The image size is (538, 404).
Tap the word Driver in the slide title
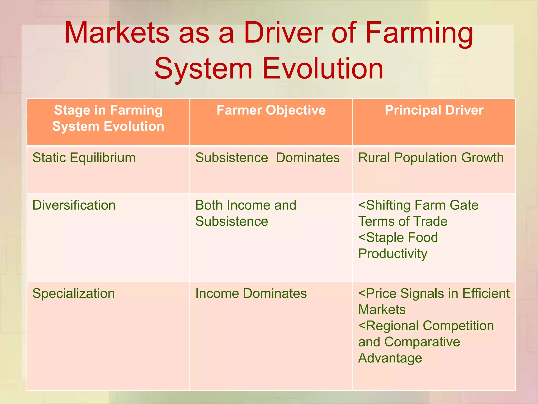(x=283, y=33)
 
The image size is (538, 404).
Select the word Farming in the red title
(x=419, y=33)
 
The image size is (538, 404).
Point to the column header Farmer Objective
(x=271, y=110)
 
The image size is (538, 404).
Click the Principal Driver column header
(x=434, y=110)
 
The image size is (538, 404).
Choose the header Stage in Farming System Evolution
(x=108, y=118)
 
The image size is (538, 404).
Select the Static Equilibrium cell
(x=84, y=158)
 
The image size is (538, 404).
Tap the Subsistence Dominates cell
(x=267, y=158)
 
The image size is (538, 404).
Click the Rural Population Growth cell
(x=431, y=158)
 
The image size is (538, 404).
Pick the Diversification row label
(x=74, y=205)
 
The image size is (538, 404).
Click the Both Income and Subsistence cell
(x=246, y=213)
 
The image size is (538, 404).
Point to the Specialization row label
(x=74, y=293)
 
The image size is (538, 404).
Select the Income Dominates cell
(x=251, y=293)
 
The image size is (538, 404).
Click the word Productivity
(x=393, y=254)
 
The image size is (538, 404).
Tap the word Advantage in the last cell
(x=390, y=358)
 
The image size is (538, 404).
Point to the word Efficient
(x=486, y=293)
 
